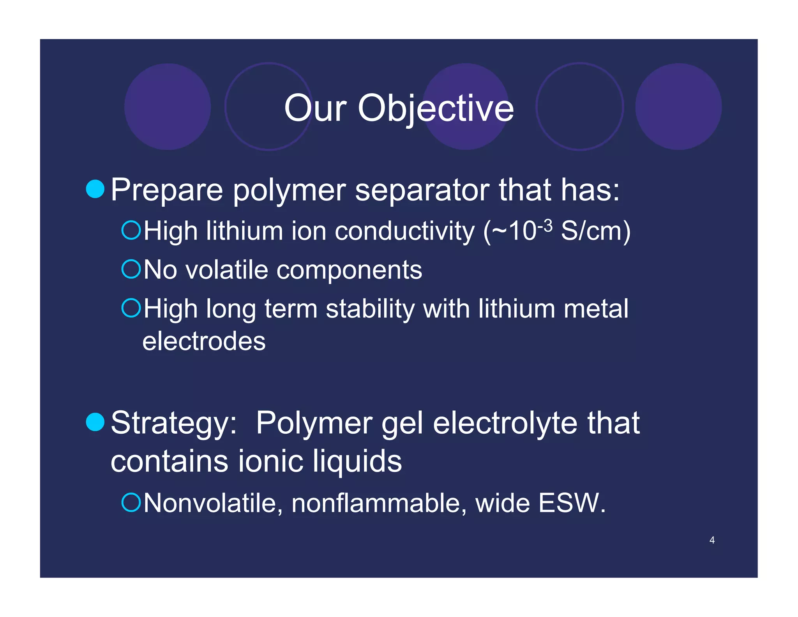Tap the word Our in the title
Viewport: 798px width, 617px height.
[315, 108]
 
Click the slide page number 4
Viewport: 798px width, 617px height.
[712, 540]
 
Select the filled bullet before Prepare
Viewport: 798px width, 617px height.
[95, 189]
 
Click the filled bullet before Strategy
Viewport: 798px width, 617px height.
[95, 422]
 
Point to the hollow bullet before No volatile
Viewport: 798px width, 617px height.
[131, 269]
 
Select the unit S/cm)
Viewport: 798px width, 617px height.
[595, 231]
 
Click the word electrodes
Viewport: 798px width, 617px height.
[204, 341]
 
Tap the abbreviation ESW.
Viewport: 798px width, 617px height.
[571, 503]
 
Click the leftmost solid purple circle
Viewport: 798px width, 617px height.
[168, 106]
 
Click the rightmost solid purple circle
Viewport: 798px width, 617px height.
[678, 106]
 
